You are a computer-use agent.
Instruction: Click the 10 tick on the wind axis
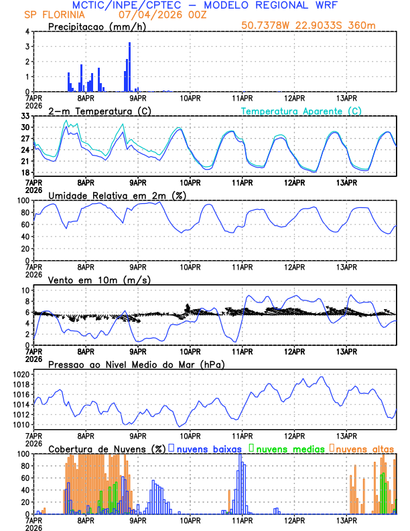tap(25, 290)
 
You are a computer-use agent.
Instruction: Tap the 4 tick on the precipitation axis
tap(27, 32)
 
